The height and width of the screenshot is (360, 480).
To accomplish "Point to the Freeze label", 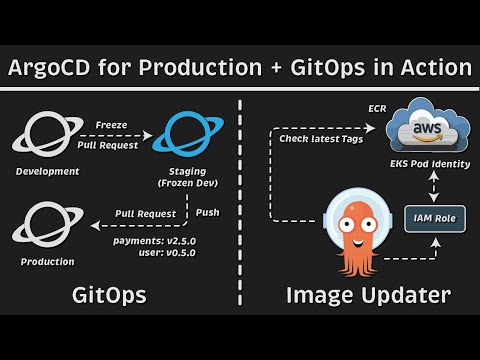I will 110,126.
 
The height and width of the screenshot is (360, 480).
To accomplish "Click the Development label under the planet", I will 47,172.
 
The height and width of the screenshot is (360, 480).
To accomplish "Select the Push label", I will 208,212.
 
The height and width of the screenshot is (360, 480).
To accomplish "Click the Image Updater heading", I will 367,295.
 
